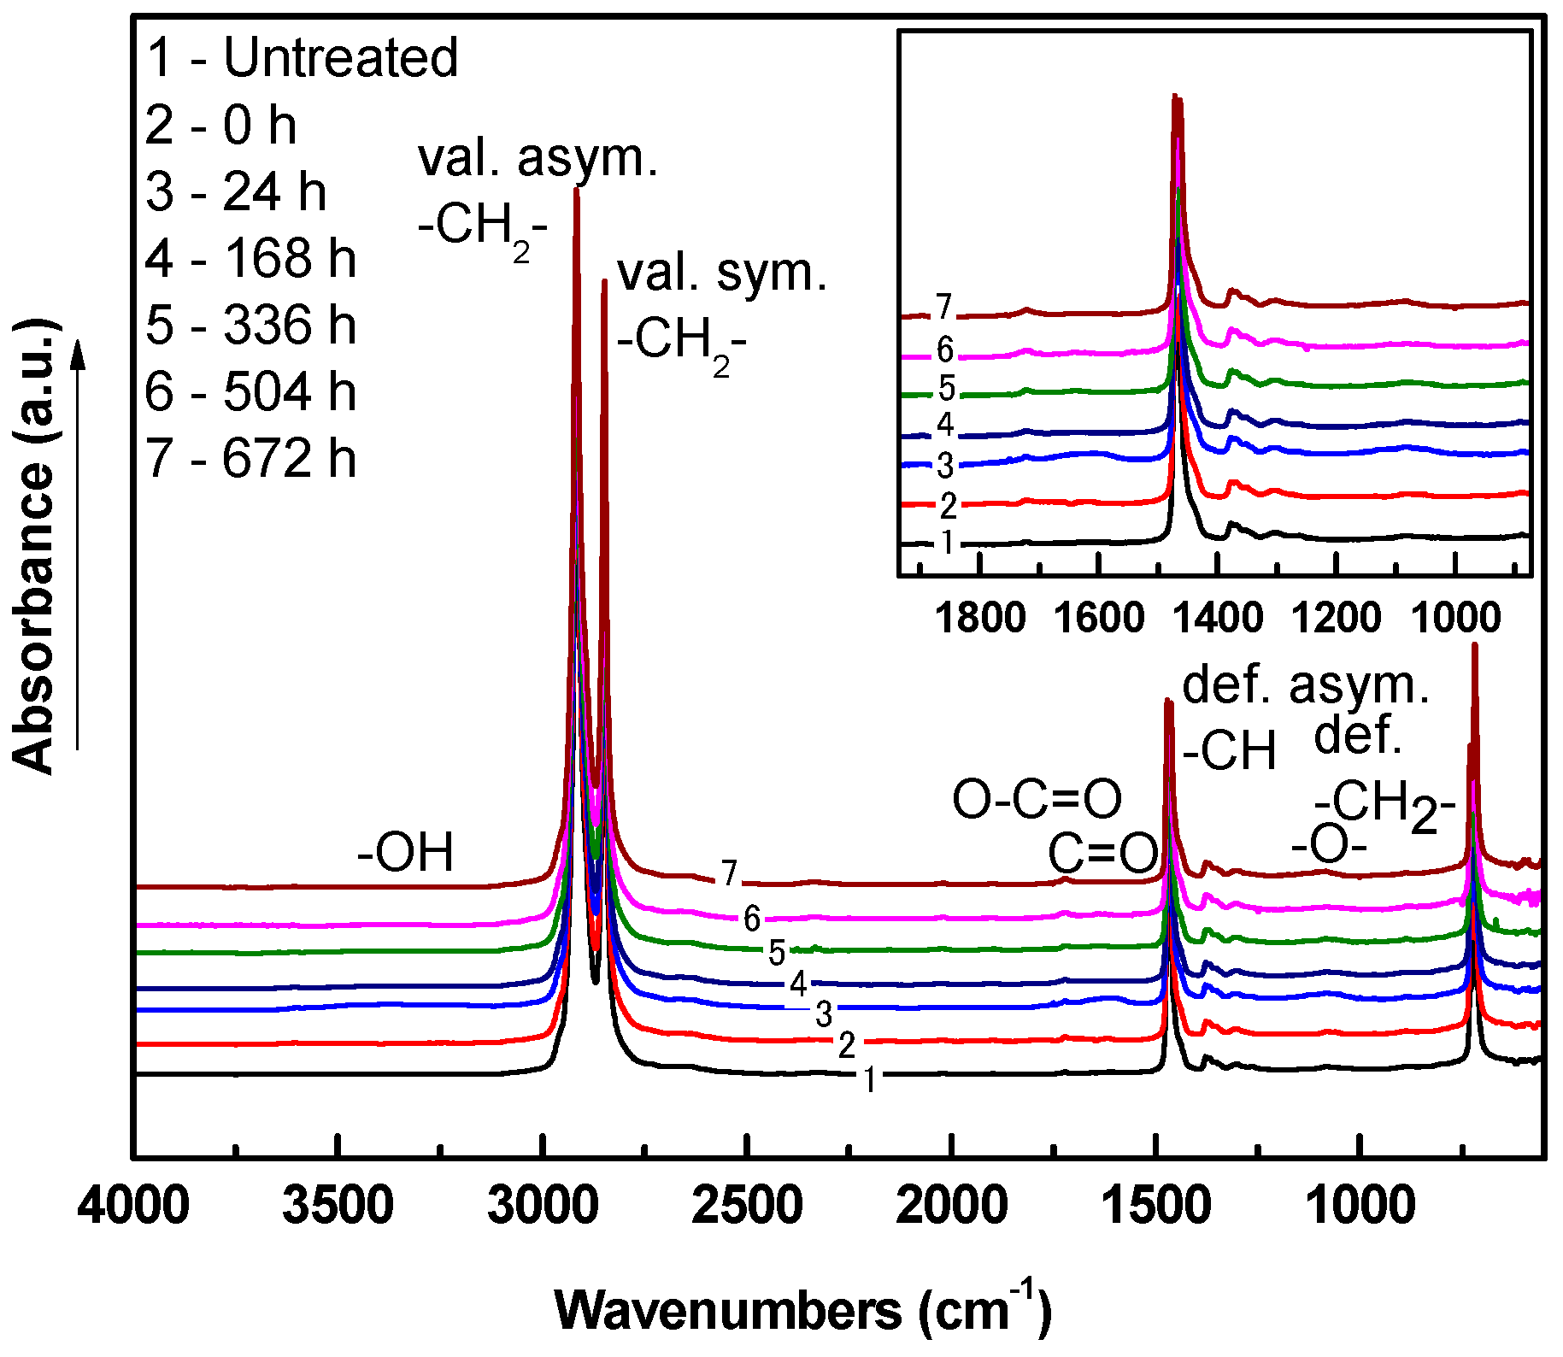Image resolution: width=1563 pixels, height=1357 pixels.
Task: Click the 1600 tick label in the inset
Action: coord(1098,618)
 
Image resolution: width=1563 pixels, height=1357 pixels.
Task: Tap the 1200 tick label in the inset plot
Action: coord(1336,618)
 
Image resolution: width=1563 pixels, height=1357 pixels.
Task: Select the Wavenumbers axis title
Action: coord(802,1309)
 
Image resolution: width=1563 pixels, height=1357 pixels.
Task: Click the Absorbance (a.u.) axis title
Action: coord(34,547)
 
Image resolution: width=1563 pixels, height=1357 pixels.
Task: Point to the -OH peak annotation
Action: coord(405,853)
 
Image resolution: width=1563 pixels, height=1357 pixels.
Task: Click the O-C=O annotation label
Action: coord(1037,800)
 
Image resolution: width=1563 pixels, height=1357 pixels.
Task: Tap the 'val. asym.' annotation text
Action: coord(538,159)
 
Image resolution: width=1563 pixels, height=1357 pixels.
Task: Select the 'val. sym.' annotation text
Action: coord(722,273)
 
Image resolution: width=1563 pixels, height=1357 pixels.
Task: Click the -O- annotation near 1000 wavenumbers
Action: coord(1329,846)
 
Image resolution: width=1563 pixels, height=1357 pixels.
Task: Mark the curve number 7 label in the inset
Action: coord(943,307)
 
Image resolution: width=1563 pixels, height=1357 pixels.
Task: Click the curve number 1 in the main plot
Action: coord(869,1080)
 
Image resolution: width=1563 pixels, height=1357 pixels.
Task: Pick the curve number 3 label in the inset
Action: coord(944,466)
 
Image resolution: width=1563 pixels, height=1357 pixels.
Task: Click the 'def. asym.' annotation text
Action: coord(1305,685)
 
